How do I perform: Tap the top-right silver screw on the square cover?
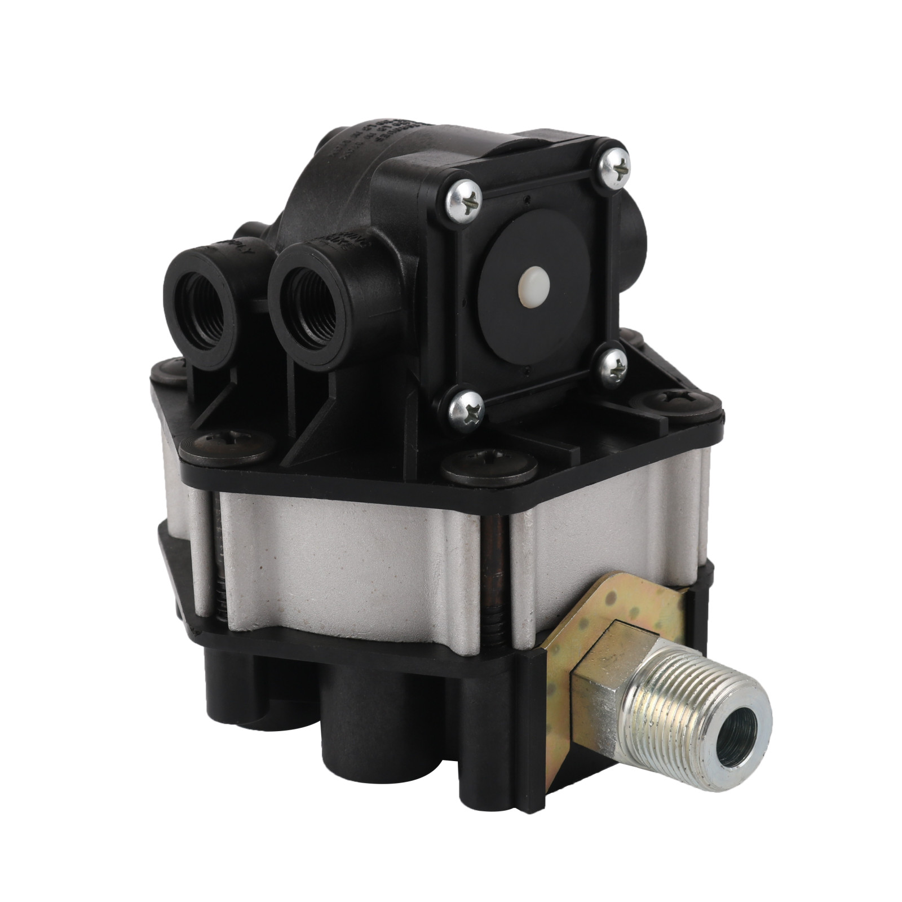pos(614,167)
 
